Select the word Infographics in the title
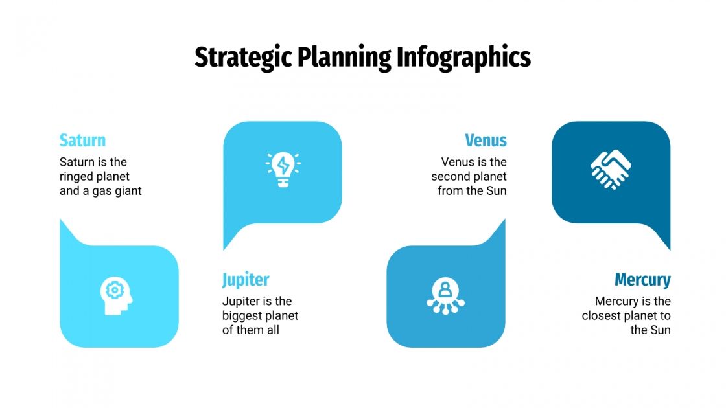pyautogui.click(x=463, y=58)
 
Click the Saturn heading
pyautogui.click(x=82, y=141)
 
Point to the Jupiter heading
pyautogui.click(x=246, y=280)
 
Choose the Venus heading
pyautogui.click(x=486, y=141)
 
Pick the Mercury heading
pyautogui.click(x=642, y=280)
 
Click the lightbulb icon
pyautogui.click(x=283, y=170)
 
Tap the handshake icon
pyautogui.click(x=611, y=170)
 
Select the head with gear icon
pyautogui.click(x=116, y=296)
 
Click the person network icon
pyautogui.click(x=445, y=296)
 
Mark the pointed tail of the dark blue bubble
pyautogui.click(x=667, y=246)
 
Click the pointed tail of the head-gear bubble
pyautogui.click(x=63, y=223)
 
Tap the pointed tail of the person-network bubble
pyautogui.click(x=502, y=223)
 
